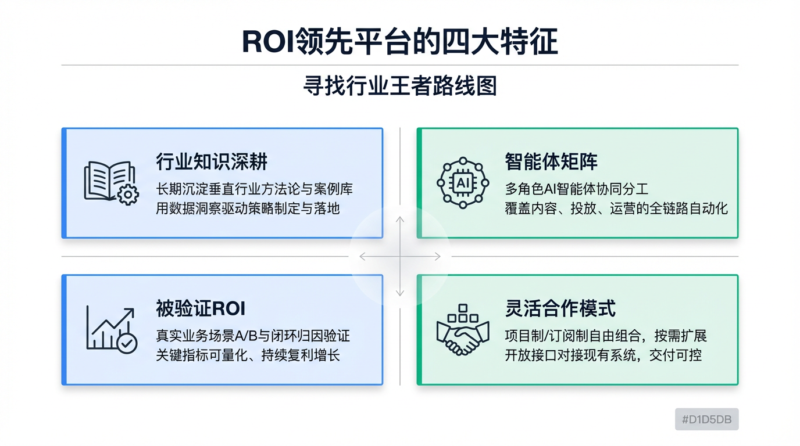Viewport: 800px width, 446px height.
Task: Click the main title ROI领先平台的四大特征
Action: pos(399,42)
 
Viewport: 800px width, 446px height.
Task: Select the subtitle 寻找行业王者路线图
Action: pos(399,87)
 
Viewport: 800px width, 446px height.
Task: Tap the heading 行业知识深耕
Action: pos(212,161)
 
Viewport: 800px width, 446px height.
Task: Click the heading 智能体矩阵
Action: pos(551,161)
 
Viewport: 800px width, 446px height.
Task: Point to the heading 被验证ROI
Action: pos(201,308)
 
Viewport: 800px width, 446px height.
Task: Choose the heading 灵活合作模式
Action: pos(560,308)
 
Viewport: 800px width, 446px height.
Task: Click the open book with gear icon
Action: pos(111,182)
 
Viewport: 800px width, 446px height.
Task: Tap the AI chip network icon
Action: pos(463,182)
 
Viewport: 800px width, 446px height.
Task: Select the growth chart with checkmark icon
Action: pos(111,329)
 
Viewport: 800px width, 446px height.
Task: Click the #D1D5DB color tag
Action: pos(706,419)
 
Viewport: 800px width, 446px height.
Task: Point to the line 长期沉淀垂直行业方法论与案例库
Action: pos(254,189)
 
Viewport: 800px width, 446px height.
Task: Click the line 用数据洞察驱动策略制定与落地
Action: pos(248,208)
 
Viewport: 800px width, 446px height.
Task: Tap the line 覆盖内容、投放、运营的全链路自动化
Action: pos(616,208)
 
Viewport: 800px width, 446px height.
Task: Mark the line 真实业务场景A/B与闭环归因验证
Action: pos(253,336)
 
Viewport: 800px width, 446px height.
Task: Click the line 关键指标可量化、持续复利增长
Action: pos(248,355)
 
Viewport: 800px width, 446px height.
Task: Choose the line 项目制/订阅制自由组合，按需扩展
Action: pos(606,336)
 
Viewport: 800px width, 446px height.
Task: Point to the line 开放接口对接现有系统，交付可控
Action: pos(603,355)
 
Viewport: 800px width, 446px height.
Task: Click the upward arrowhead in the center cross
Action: pos(399,220)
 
